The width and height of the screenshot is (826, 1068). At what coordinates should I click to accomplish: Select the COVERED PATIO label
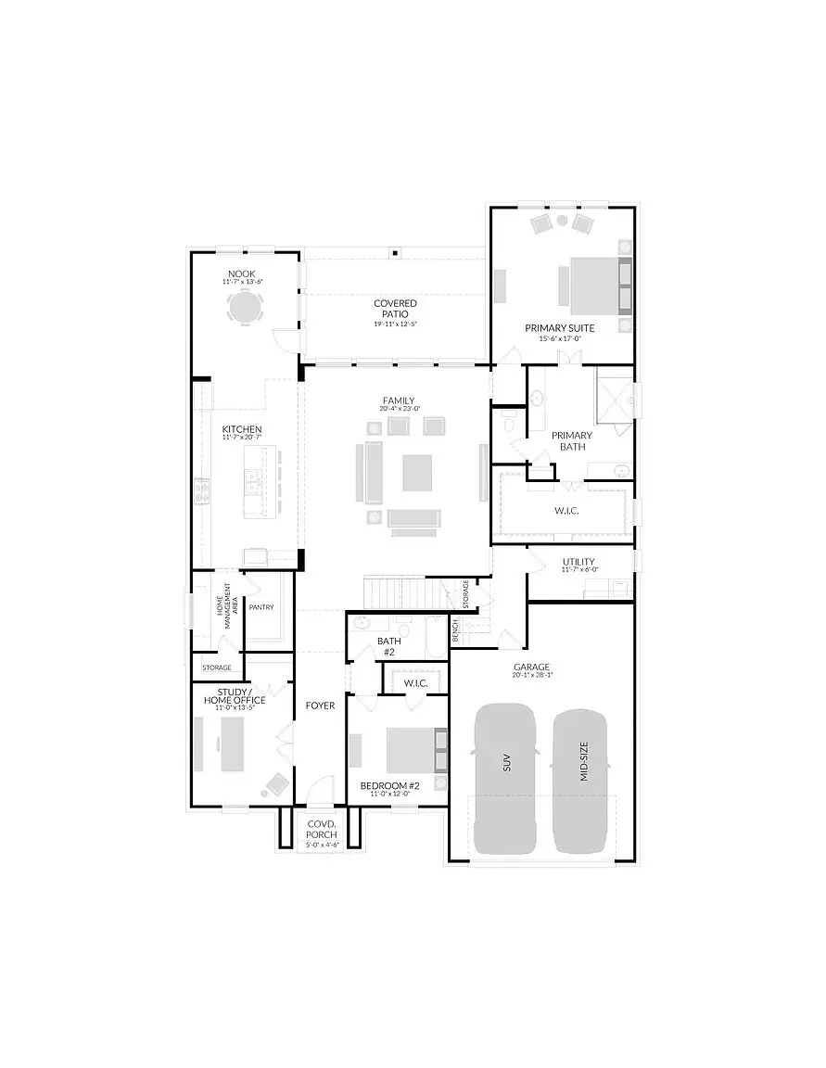396,309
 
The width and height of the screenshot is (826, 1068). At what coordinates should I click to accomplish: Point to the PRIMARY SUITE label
560,328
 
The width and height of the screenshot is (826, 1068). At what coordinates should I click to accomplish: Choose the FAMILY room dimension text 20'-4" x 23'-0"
399,409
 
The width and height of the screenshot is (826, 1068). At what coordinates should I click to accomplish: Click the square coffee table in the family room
416,472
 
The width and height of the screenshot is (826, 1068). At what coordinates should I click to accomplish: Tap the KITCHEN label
242,430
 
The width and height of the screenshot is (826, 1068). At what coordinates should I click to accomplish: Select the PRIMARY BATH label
571,440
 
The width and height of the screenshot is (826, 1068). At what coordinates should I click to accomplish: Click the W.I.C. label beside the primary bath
566,511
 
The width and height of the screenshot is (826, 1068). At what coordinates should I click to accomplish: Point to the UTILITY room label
580,562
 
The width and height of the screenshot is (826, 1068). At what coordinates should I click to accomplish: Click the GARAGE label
532,667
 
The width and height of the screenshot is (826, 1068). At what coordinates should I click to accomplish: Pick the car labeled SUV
504,777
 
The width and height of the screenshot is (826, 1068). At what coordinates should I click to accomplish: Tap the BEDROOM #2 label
390,786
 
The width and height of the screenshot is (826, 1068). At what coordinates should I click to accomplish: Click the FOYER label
320,706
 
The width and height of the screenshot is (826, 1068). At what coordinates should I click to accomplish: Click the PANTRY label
261,607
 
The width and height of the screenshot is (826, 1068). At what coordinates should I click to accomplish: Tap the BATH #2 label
388,646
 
